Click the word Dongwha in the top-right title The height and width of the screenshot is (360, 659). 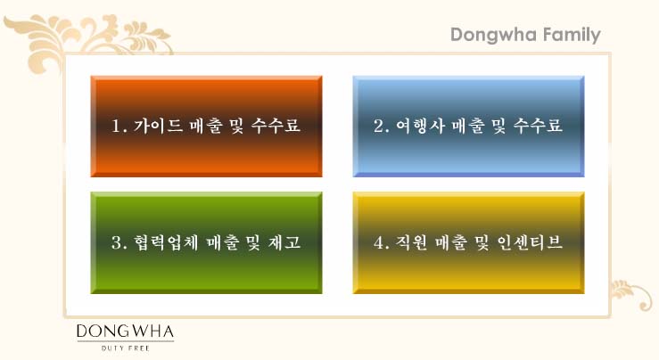click(x=492, y=36)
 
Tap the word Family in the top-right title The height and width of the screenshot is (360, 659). click(x=572, y=36)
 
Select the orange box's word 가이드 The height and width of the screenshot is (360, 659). click(x=158, y=126)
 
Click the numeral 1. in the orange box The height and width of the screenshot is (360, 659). click(x=119, y=126)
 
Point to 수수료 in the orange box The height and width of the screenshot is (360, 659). click(x=276, y=126)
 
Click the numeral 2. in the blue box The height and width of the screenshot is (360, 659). click(x=382, y=126)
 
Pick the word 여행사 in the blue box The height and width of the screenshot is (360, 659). click(x=420, y=126)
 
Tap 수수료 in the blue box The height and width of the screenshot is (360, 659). click(x=538, y=126)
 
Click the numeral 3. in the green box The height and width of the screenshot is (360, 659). click(x=119, y=242)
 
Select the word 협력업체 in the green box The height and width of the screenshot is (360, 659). click(x=166, y=242)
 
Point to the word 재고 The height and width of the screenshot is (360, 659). click(x=284, y=242)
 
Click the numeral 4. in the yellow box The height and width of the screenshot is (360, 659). click(x=382, y=242)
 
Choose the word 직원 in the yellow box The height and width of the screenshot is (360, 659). click(x=412, y=242)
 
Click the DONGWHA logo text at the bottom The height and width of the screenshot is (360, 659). click(x=125, y=331)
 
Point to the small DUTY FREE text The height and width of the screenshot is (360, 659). click(x=126, y=348)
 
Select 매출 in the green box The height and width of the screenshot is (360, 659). click(x=223, y=242)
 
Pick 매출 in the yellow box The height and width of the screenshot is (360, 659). click(x=451, y=242)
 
